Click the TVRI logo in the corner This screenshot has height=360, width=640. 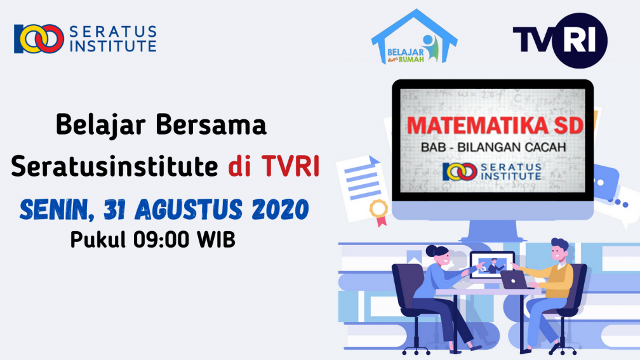tap(560, 40)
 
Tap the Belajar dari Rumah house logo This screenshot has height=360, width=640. tap(414, 37)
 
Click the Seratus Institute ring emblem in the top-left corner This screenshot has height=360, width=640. tap(39, 39)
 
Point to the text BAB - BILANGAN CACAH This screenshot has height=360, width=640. tap(493, 147)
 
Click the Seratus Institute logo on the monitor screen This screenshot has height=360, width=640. tap(492, 171)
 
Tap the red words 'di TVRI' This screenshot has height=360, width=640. tap(274, 166)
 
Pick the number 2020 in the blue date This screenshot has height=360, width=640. tap(280, 210)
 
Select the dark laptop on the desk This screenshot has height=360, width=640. tap(515, 279)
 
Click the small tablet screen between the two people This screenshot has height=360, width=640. tap(491, 265)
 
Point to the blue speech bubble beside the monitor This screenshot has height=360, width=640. tap(605, 182)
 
